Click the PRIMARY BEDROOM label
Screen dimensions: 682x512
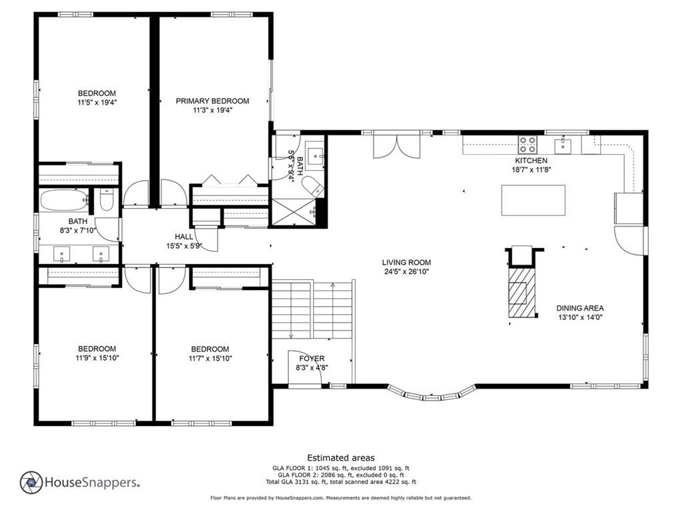212,101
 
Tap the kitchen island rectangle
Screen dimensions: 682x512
533,200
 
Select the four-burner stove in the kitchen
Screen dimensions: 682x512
527,144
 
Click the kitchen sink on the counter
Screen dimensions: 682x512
563,144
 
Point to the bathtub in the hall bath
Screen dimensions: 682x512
64,200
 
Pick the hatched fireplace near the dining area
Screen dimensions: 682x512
521,293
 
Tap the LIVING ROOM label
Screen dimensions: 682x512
406,263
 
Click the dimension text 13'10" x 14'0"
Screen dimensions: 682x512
580,317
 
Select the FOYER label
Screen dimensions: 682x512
312,358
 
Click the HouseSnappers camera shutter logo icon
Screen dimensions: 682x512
31,483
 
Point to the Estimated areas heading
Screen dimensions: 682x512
341,457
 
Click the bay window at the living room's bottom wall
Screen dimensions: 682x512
432,393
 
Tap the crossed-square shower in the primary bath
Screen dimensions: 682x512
294,213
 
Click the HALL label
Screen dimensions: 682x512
184,237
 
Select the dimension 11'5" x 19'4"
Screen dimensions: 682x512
97,103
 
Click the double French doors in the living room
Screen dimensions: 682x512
397,147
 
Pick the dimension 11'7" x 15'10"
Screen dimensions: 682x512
210,359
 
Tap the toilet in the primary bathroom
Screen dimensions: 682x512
313,187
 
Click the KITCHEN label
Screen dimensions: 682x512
531,161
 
